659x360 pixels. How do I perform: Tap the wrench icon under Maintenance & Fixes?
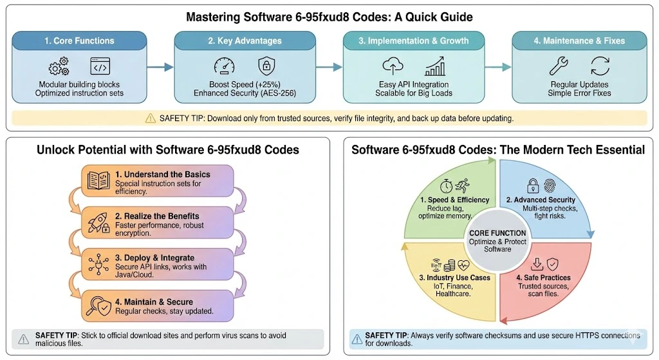point(558,66)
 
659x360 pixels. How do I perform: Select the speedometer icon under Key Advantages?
point(223,66)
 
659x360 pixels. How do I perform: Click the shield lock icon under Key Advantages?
point(265,66)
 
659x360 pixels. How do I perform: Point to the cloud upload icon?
point(392,66)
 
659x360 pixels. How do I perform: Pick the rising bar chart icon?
point(436,66)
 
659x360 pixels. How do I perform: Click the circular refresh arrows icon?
point(600,66)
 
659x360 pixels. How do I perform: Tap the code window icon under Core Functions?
point(100,66)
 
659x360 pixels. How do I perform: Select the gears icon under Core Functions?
point(59,67)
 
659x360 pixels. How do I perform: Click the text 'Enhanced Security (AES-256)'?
point(245,93)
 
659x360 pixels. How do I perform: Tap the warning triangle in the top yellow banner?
point(151,118)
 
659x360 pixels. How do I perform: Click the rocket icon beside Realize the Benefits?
point(97,221)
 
